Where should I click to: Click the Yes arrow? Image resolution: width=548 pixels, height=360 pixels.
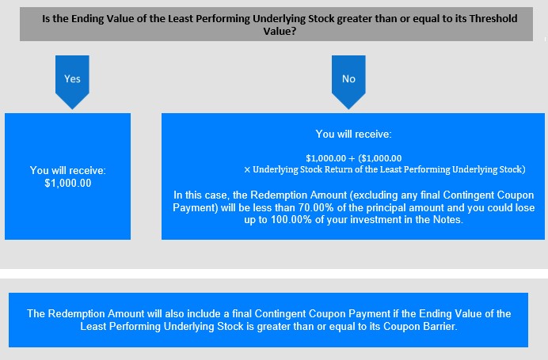click(72, 81)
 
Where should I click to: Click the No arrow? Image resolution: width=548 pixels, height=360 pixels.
click(348, 81)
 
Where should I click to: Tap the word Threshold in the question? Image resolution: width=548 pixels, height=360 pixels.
click(493, 18)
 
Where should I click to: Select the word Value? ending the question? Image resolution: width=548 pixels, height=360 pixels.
click(280, 32)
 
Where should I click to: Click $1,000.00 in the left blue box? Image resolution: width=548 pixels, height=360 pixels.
click(68, 183)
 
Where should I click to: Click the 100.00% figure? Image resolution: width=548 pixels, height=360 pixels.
click(291, 220)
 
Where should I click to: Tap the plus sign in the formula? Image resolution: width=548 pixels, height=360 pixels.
click(352, 158)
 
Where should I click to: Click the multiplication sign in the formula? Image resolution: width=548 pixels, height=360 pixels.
click(247, 169)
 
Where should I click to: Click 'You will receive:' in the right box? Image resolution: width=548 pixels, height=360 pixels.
click(353, 134)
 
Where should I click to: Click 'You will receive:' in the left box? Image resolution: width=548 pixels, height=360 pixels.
click(68, 170)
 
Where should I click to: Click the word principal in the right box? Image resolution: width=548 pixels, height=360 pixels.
click(382, 207)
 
